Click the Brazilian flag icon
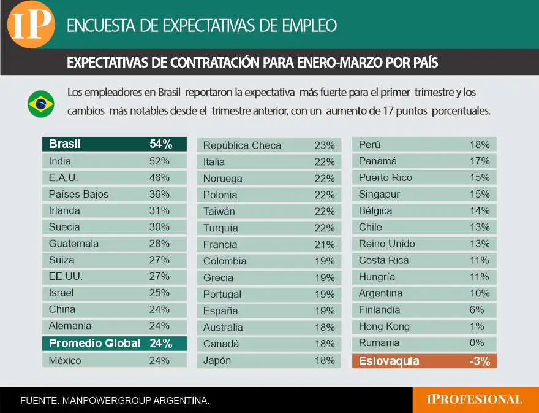pyautogui.click(x=41, y=104)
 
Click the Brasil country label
pyautogui.click(x=65, y=144)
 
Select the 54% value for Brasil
pyautogui.click(x=160, y=144)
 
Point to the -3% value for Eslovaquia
pyautogui.click(x=480, y=361)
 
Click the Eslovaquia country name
pyautogui.click(x=389, y=361)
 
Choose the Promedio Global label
pyautogui.click(x=94, y=344)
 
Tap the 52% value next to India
pyautogui.click(x=159, y=161)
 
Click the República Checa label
pyautogui.click(x=242, y=145)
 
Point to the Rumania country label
pyautogui.click(x=379, y=343)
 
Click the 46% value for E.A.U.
pyautogui.click(x=159, y=178)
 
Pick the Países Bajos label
pyautogui.click(x=78, y=195)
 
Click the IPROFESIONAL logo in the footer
pyautogui.click(x=475, y=399)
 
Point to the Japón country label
pyautogui.click(x=217, y=361)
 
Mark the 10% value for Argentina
pyautogui.click(x=479, y=293)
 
